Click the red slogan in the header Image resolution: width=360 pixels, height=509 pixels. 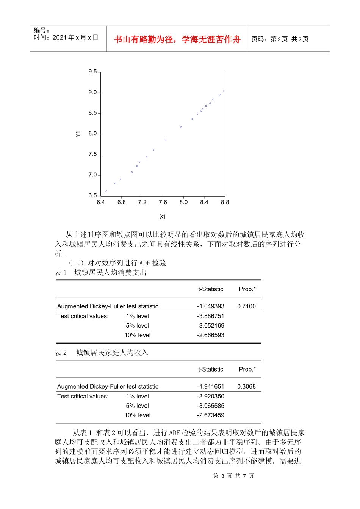coord(177,39)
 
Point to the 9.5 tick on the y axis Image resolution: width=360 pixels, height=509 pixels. coord(92,72)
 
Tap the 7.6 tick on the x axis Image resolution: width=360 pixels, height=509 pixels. coord(163,202)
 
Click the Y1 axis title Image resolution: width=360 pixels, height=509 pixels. coord(78,134)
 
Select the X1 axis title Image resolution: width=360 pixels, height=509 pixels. coord(163,217)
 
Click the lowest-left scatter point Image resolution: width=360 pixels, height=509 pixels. coord(106,192)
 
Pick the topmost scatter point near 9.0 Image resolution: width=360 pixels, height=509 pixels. coord(224,91)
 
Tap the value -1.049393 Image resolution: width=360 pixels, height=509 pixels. coord(210,306)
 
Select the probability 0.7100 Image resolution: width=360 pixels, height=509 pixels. coord(246,306)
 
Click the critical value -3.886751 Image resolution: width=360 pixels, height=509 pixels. coord(210,316)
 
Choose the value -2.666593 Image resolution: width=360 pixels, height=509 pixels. coord(210,335)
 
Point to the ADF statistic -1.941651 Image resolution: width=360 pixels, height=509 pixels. coord(210,386)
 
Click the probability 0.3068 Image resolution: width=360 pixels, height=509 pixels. coord(246,386)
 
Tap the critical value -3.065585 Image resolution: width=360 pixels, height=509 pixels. coord(210,406)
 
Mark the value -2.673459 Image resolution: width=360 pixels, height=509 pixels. coord(210,415)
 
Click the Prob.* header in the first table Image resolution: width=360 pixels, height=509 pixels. coord(247,289)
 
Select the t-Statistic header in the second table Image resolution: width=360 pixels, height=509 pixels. coord(211,369)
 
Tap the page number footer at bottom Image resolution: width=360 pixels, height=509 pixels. coord(233,476)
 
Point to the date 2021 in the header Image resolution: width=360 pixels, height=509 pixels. coord(59,37)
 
